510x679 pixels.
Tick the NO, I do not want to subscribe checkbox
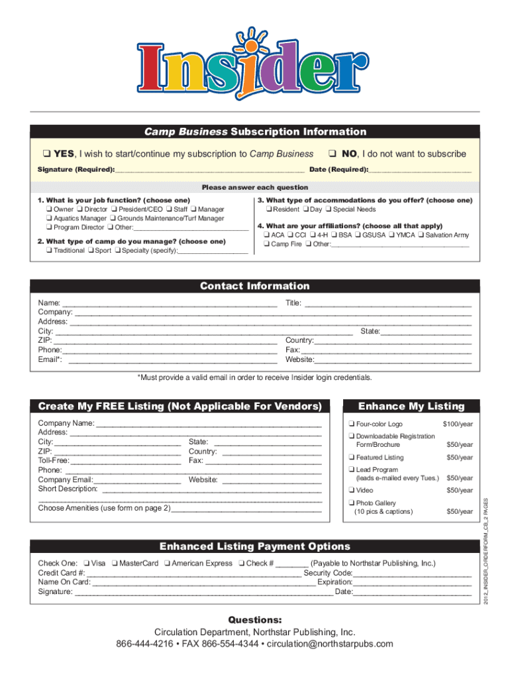click(334, 154)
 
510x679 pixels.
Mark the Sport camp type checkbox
click(90, 251)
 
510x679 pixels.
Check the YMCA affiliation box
click(391, 235)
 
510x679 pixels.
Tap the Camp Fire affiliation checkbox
click(266, 244)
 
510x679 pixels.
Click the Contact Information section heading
click(255, 286)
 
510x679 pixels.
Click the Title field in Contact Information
click(387, 303)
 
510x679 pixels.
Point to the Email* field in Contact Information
click(172, 360)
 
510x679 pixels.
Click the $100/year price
click(457, 424)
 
